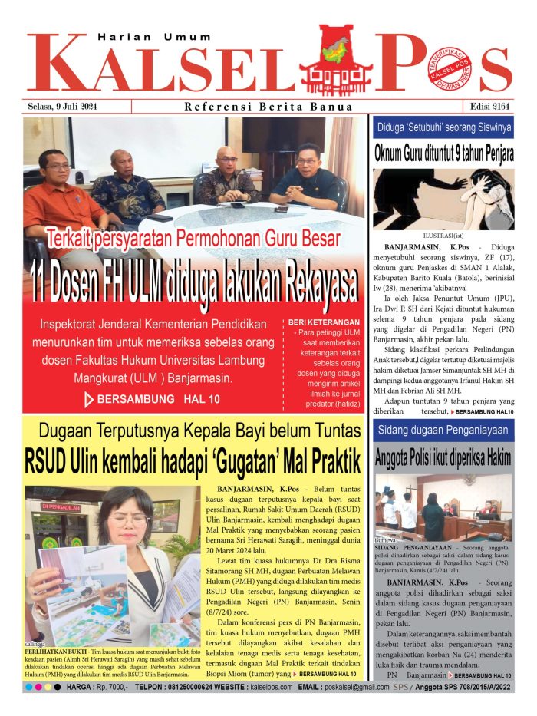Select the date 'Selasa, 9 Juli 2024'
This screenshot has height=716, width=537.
pos(64,106)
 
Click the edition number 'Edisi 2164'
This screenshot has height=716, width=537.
pos(486,106)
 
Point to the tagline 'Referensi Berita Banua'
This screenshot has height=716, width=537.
pos(268,107)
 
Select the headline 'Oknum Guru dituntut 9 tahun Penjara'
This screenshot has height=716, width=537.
pos(444,153)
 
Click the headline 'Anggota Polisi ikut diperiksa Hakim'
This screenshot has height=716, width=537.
pos(443,458)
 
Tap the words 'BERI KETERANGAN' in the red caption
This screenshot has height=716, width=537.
pos(322,322)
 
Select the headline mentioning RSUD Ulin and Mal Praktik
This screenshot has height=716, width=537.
pos(193,464)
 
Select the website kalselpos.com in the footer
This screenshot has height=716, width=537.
pos(272,687)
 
